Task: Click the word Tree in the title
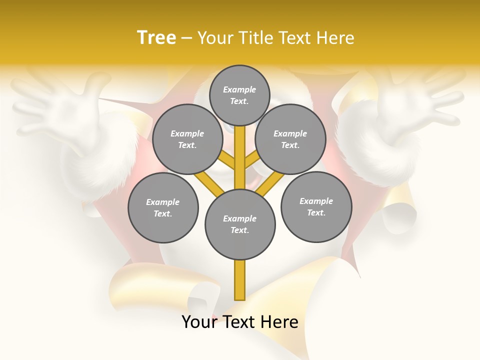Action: (x=156, y=37)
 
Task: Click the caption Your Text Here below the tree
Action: (x=240, y=322)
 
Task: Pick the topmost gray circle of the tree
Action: (x=240, y=95)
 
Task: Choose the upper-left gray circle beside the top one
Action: (x=187, y=139)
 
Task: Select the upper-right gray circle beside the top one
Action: (x=290, y=139)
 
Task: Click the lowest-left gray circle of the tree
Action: (x=163, y=207)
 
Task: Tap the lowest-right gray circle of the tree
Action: (x=316, y=206)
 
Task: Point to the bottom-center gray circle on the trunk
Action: (x=240, y=224)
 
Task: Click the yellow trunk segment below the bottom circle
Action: (x=240, y=280)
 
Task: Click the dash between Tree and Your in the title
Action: (x=186, y=38)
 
